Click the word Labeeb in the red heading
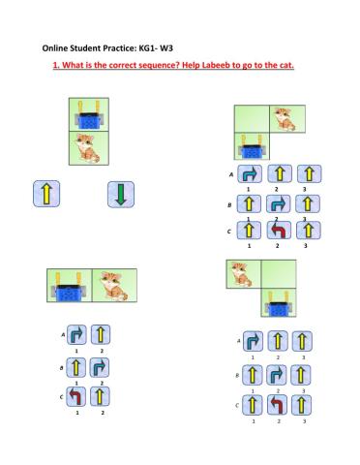click(216, 65)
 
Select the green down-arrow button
click(121, 194)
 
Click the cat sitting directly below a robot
click(88, 148)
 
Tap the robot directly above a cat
click(89, 115)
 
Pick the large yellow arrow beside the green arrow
click(46, 194)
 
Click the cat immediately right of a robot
click(113, 286)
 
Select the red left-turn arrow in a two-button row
click(76, 396)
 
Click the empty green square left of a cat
click(252, 119)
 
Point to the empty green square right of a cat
click(279, 274)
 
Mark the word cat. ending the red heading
click(286, 65)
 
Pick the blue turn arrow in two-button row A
click(76, 334)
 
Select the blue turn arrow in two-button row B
click(99, 367)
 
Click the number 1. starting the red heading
click(56, 65)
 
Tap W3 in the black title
click(166, 48)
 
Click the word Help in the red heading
click(192, 65)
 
